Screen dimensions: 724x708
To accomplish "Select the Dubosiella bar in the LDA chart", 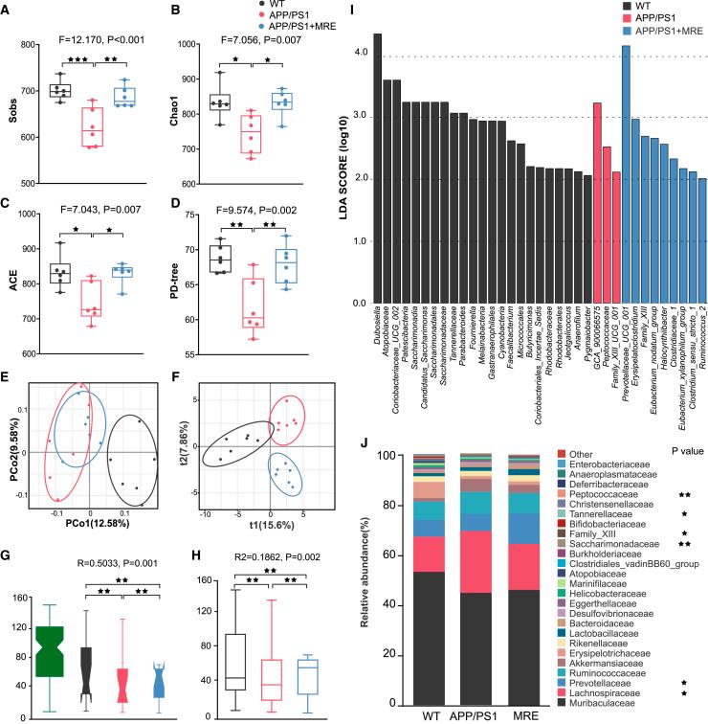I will point(377,169).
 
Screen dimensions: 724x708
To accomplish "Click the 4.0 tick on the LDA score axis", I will point(353,54).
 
